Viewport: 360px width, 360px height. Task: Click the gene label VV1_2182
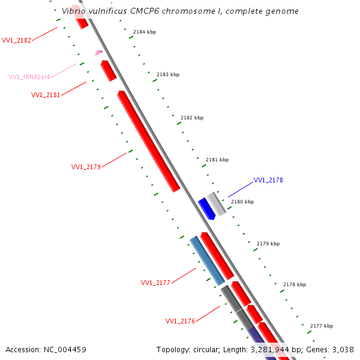click(17, 40)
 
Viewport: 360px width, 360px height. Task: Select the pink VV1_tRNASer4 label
click(29, 77)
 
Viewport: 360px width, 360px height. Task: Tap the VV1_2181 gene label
click(46, 95)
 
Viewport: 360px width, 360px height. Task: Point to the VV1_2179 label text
click(86, 167)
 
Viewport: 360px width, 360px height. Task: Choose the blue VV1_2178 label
click(268, 180)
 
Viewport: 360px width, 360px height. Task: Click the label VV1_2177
click(155, 283)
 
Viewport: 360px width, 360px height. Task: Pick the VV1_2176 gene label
click(180, 321)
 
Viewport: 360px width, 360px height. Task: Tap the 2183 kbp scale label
click(168, 75)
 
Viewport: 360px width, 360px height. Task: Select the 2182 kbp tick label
click(192, 118)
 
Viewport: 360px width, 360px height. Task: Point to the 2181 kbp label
click(217, 160)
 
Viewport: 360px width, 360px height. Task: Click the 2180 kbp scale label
click(242, 202)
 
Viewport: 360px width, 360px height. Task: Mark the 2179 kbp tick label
click(268, 244)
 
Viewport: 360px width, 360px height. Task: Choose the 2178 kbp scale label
click(295, 284)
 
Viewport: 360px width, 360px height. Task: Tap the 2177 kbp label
click(322, 326)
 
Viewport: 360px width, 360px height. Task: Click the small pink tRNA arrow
click(98, 53)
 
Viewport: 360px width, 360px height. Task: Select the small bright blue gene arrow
click(207, 208)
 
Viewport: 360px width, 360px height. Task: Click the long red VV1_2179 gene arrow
click(148, 141)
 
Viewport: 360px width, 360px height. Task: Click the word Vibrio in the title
click(74, 11)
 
